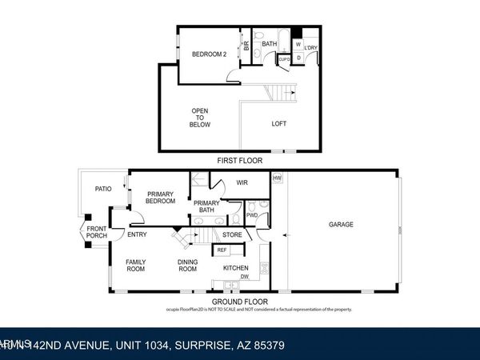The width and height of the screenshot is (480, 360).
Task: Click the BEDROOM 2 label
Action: click(x=208, y=54)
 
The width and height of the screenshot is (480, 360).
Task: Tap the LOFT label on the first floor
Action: click(x=279, y=123)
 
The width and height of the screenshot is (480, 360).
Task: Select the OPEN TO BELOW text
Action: click(x=200, y=118)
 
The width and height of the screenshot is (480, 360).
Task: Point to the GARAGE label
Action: click(x=342, y=224)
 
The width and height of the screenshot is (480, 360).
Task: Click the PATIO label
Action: click(x=103, y=190)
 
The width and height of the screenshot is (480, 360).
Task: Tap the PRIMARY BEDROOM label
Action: click(x=160, y=198)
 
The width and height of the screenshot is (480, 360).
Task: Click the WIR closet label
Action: click(x=242, y=183)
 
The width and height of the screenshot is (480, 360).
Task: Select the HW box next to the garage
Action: click(x=278, y=178)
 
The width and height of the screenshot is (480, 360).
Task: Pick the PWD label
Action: click(x=251, y=215)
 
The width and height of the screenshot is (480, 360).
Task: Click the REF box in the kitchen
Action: click(x=222, y=250)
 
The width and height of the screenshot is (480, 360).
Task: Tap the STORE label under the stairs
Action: click(x=232, y=234)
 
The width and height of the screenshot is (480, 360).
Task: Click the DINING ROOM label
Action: click(x=187, y=266)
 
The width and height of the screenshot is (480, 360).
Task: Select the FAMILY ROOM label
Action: click(x=135, y=266)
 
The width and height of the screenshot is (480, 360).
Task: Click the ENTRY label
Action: click(x=137, y=234)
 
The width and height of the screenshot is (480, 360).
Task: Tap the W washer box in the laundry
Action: click(x=298, y=44)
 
